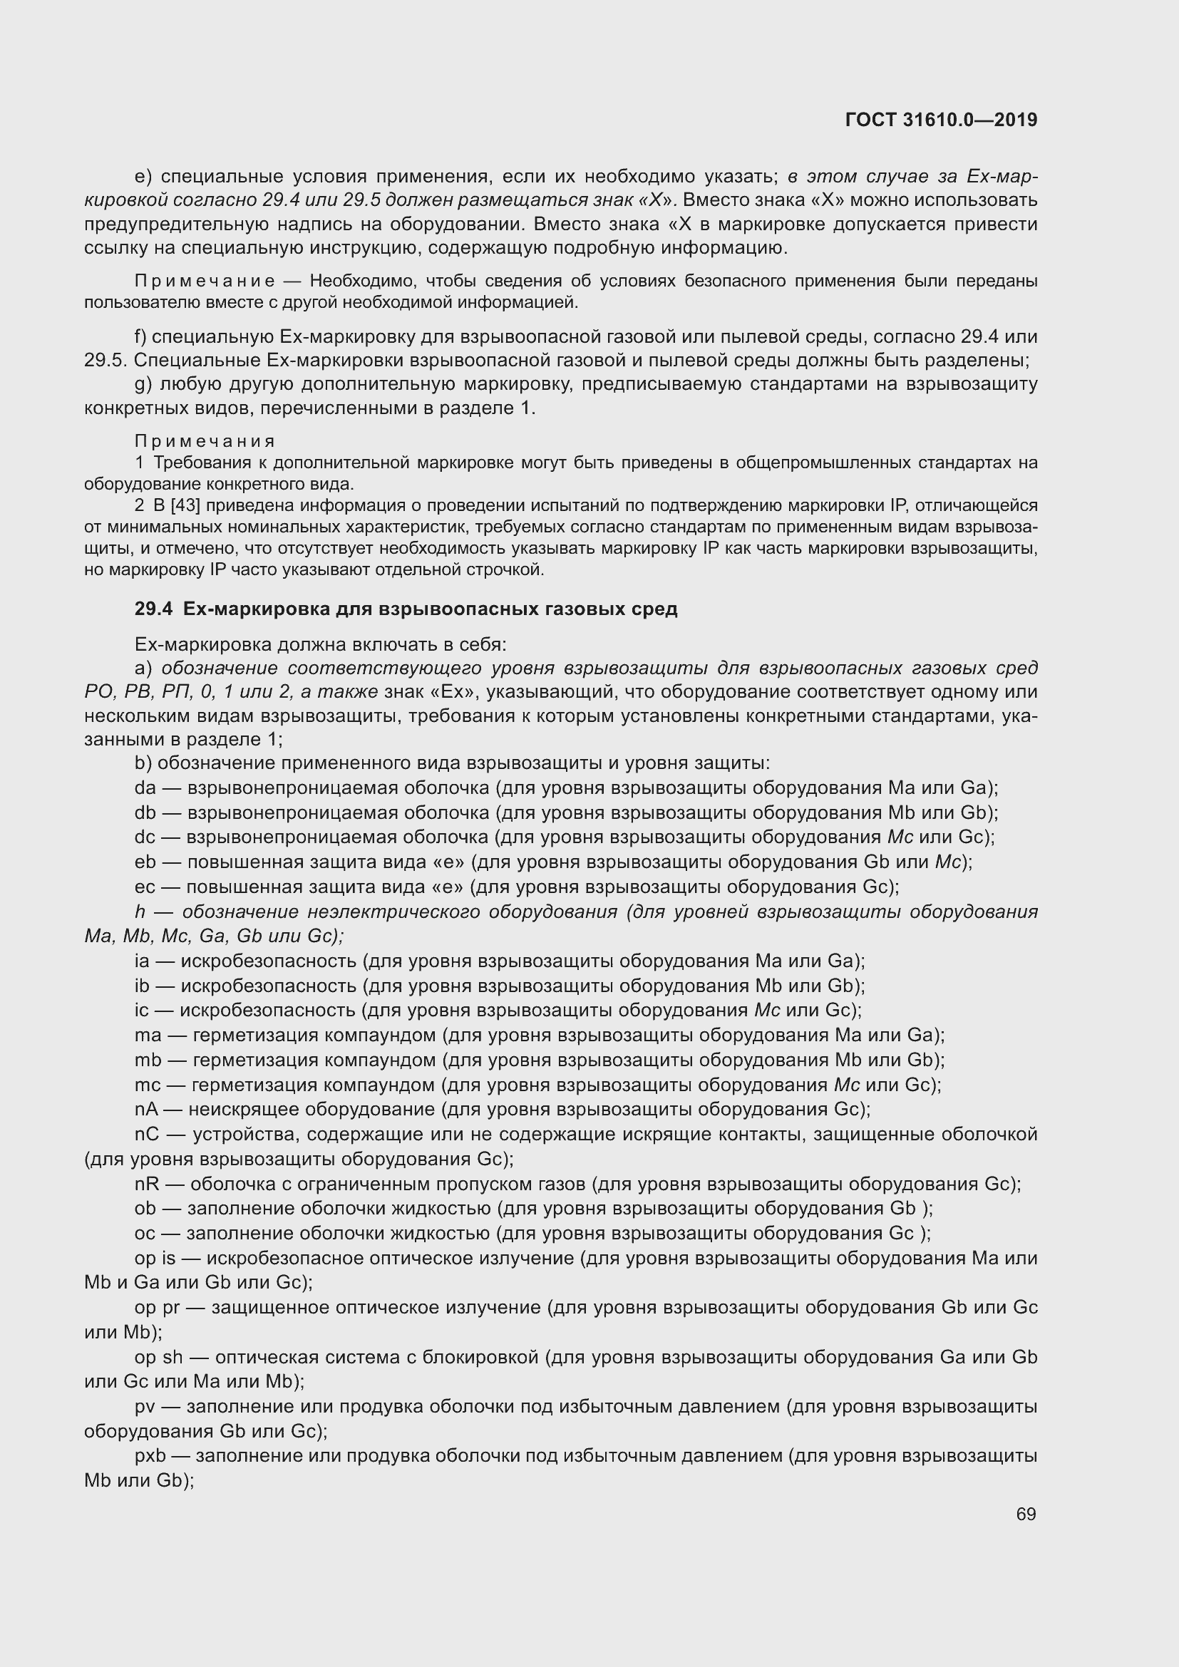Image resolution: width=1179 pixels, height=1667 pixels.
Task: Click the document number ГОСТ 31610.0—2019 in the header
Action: (x=941, y=120)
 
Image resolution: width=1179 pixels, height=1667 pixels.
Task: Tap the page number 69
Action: (x=1026, y=1514)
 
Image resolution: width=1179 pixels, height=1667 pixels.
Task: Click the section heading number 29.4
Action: (x=153, y=609)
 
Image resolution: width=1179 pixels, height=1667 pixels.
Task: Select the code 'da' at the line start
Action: (x=145, y=788)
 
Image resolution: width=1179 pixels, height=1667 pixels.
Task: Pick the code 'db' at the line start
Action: (x=145, y=812)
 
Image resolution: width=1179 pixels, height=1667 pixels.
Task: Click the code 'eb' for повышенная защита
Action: (x=145, y=862)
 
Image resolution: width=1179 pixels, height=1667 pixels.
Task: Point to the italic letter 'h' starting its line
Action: (x=140, y=912)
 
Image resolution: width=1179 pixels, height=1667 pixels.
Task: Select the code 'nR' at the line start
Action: (x=147, y=1185)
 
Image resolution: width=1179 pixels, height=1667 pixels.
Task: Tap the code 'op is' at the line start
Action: (x=155, y=1258)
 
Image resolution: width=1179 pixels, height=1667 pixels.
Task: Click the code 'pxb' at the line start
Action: (x=150, y=1456)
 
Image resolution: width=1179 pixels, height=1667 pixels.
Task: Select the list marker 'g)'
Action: (x=143, y=384)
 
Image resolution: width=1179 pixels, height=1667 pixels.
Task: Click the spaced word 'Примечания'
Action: (x=205, y=441)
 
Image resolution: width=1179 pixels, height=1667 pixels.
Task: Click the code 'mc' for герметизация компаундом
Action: (x=148, y=1085)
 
